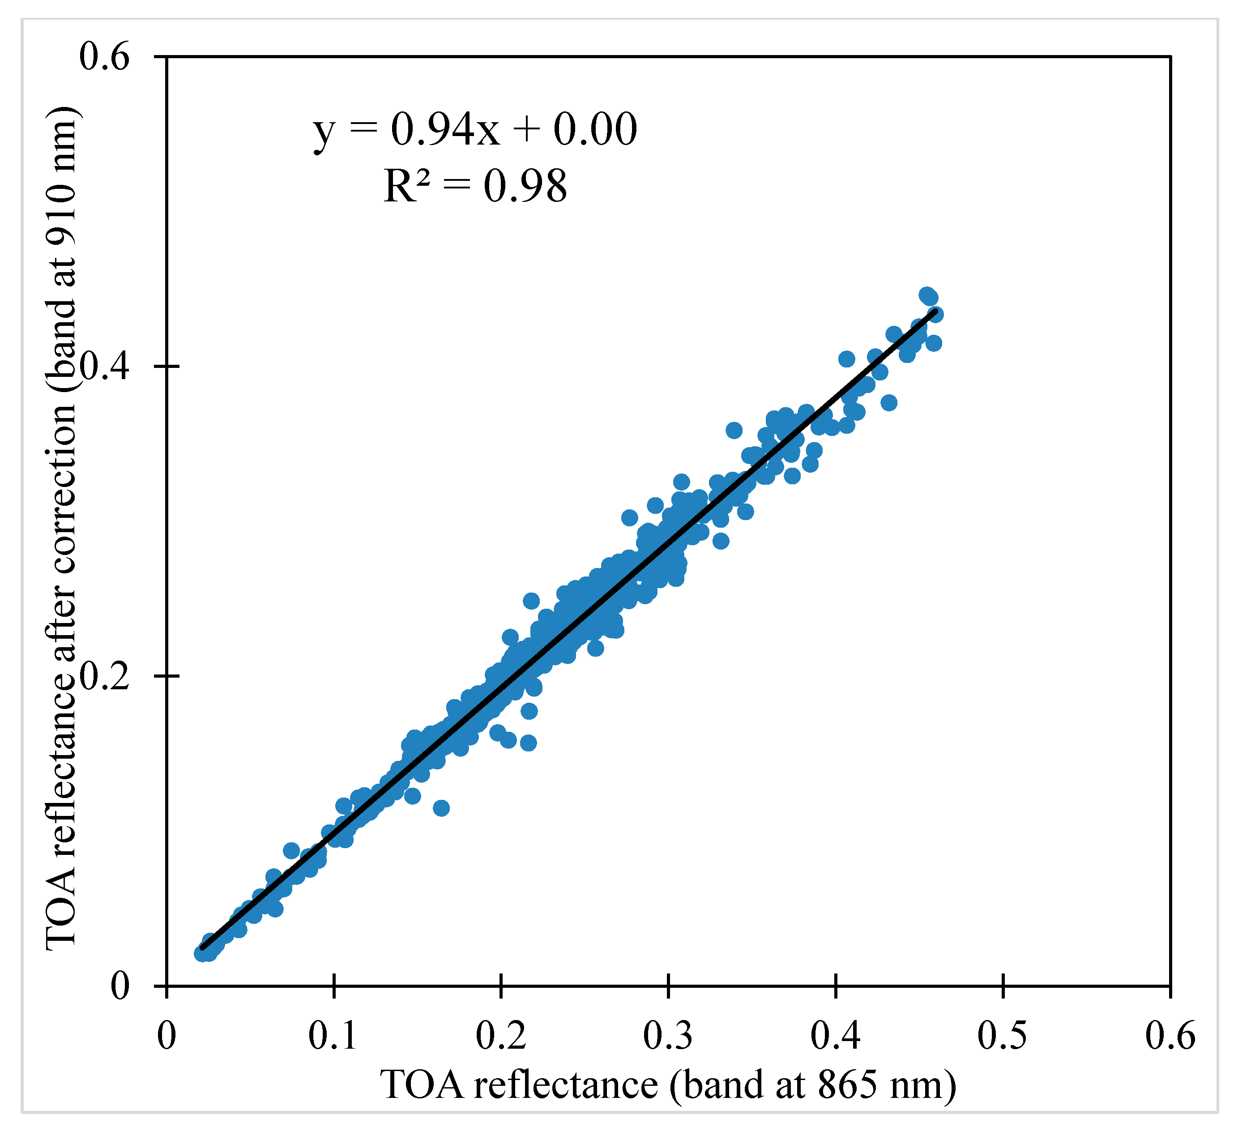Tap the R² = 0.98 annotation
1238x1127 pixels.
click(475, 185)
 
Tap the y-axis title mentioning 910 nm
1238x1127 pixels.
click(61, 528)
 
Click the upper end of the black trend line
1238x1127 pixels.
click(935, 312)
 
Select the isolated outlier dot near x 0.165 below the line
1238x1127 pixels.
click(441, 808)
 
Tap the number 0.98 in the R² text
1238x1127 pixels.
click(525, 185)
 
